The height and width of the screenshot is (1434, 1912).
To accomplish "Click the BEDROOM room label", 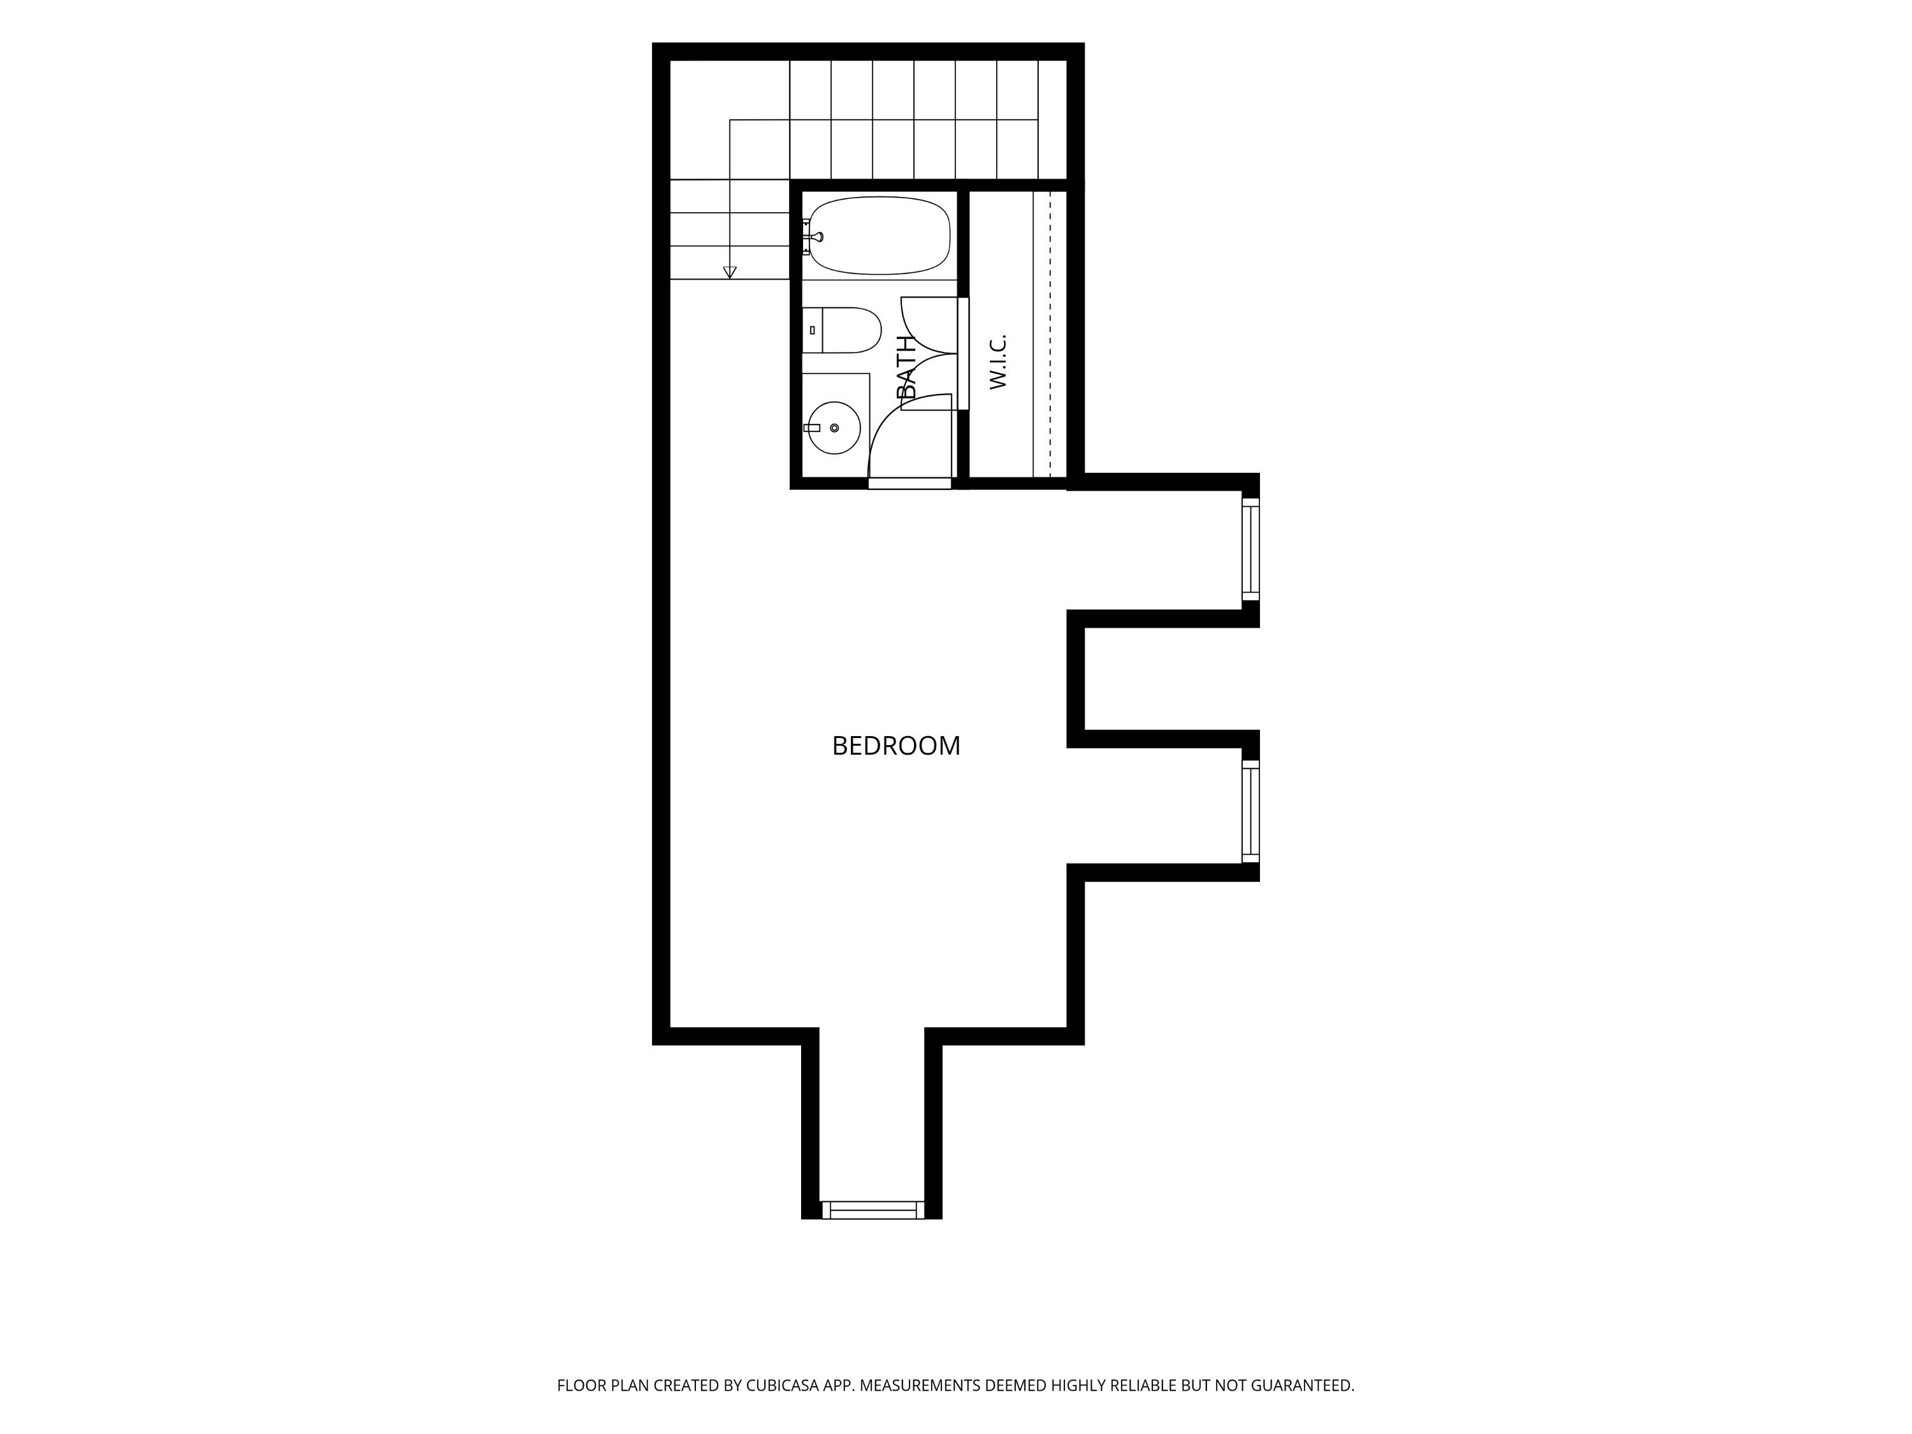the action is coord(895,746).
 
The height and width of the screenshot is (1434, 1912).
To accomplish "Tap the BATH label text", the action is coord(906,367).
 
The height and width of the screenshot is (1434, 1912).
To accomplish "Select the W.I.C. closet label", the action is coord(997,361).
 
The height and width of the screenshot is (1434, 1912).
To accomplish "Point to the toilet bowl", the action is coord(851,330).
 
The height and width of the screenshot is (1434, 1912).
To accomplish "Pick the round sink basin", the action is coord(834,428).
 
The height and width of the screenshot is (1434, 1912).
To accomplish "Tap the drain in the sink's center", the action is coord(834,428).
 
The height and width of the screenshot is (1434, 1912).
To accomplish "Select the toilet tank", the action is coord(813,330).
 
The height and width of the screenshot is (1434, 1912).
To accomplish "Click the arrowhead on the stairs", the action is coord(730,272).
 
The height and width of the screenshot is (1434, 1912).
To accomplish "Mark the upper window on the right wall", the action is coord(1250,549).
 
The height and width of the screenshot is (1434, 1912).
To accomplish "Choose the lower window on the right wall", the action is coord(1250,811).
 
